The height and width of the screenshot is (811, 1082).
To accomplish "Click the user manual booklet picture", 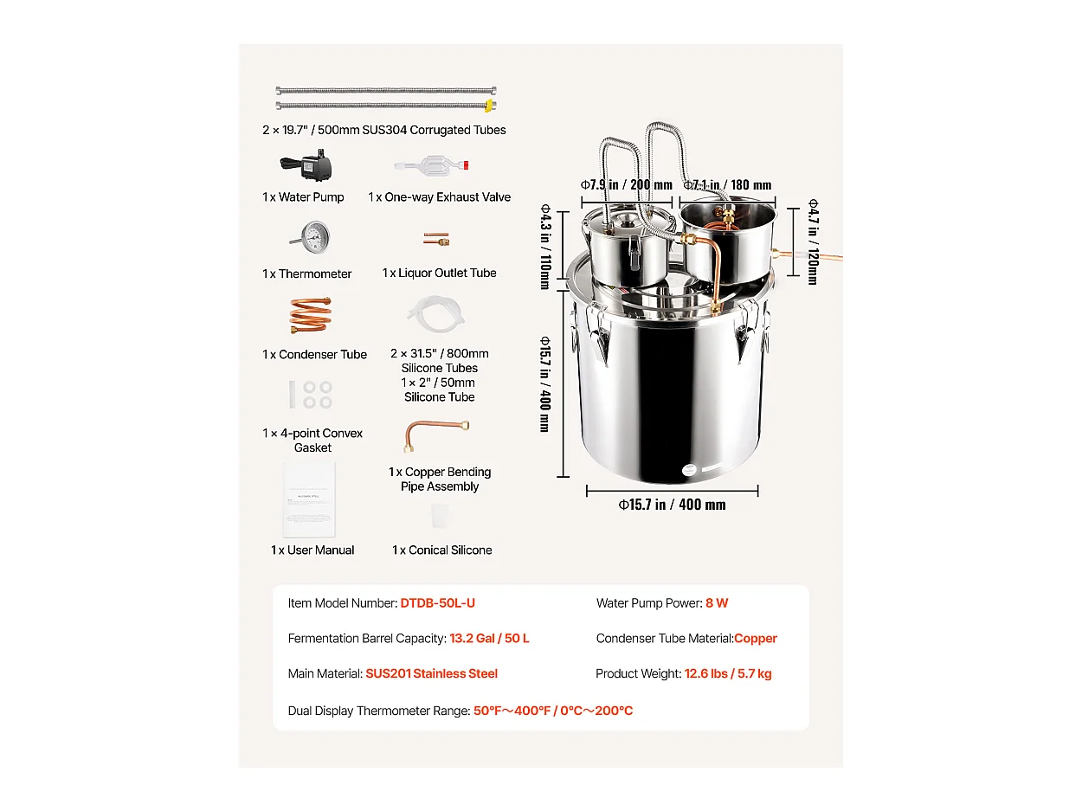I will pos(309,499).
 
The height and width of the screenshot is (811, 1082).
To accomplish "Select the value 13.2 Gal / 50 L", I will pos(489,639).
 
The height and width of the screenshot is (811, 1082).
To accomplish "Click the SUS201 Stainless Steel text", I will pos(431,673).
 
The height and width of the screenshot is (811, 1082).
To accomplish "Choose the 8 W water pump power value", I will pos(717,603).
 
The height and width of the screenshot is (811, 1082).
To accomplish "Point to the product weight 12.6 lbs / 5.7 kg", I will pos(727,673).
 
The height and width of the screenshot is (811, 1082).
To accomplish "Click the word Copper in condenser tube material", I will pos(755,639).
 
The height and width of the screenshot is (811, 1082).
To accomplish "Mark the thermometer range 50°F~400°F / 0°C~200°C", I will pos(552,711).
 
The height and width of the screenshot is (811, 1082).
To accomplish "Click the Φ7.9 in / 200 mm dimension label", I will pos(626,184).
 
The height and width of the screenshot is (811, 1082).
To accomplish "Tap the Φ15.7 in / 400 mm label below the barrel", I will pos(672,505).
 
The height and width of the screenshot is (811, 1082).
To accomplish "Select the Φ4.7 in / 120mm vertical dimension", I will pos(812,241).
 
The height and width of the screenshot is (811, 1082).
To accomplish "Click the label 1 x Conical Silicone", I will pos(441,550).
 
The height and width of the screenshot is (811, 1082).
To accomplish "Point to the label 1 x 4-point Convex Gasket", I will pos(312,440).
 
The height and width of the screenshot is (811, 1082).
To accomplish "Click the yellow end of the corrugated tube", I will pos(490,106).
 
